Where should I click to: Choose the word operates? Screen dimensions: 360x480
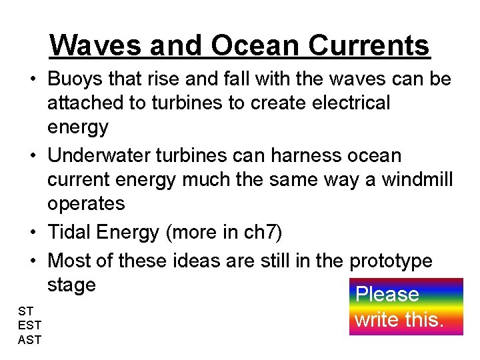(86, 203)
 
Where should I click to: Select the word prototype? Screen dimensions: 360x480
(391, 261)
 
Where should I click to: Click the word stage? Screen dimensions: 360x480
(71, 285)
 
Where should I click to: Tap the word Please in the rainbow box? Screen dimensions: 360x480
(387, 294)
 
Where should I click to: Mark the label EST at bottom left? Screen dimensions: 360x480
(30, 325)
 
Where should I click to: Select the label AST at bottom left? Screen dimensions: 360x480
(30, 339)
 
